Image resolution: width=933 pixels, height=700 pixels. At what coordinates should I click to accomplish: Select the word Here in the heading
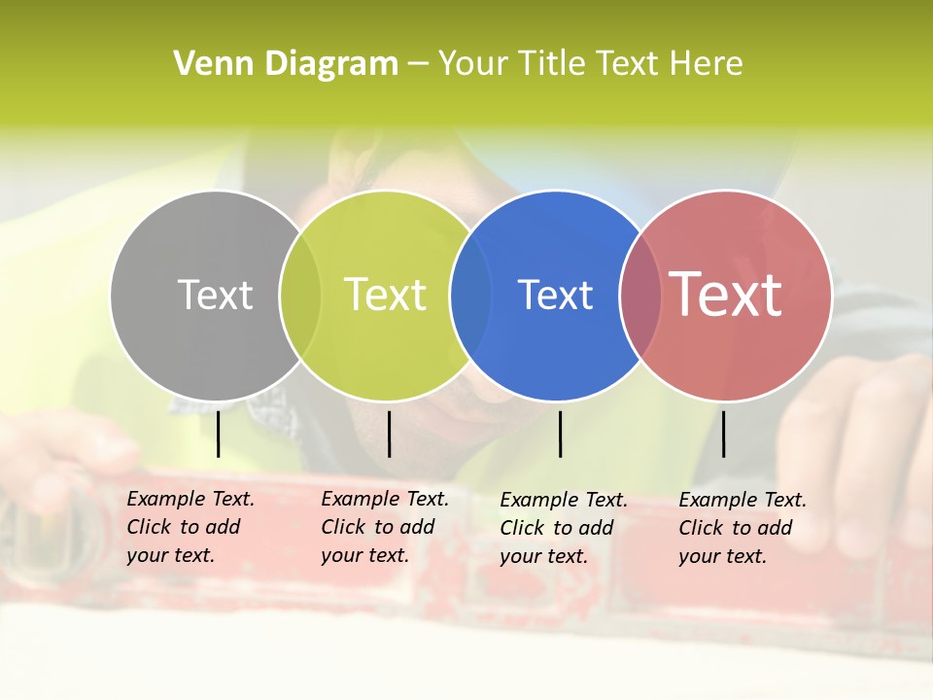click(707, 64)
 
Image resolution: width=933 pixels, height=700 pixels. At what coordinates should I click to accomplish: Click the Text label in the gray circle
click(215, 295)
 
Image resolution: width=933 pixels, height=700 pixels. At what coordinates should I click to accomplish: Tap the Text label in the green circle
click(386, 295)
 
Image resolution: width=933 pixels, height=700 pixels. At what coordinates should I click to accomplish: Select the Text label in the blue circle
click(555, 295)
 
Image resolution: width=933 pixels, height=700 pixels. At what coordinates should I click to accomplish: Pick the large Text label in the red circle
click(726, 295)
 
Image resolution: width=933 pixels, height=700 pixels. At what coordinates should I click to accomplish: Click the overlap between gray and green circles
click(300, 295)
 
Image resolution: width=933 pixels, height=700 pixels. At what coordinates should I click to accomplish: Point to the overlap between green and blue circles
click(470, 295)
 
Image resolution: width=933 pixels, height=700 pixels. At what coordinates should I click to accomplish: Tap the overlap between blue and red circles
click(639, 295)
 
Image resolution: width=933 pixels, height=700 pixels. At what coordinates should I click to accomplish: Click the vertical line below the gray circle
click(218, 434)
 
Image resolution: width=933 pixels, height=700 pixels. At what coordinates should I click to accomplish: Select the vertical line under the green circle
click(389, 434)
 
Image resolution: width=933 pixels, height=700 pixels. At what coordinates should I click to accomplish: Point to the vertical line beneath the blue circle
click(560, 434)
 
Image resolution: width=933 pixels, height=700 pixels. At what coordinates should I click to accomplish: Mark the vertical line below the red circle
click(723, 434)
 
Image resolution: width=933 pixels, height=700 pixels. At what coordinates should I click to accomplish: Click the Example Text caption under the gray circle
click(190, 527)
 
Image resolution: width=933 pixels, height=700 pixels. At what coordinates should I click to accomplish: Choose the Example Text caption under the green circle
click(385, 527)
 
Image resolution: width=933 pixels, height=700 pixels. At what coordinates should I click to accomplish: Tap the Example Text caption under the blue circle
click(564, 528)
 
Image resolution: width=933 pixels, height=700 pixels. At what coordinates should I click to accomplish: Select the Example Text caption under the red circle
click(743, 528)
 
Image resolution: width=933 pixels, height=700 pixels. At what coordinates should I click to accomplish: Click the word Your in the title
click(472, 64)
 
